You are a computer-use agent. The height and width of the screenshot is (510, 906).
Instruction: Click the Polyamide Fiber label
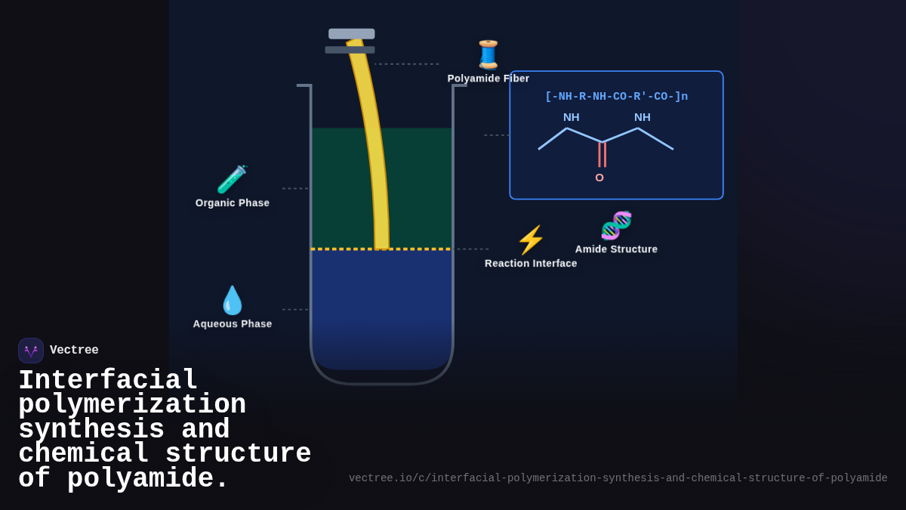488,79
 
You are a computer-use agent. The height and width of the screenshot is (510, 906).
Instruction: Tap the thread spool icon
488,54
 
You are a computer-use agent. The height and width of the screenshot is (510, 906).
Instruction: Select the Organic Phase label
233,203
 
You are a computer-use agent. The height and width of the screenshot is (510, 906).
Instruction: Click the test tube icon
232,180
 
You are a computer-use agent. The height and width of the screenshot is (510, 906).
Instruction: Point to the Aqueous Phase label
233,324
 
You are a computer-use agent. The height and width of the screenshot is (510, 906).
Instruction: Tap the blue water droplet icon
233,301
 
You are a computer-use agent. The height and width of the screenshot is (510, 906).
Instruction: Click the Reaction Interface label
531,264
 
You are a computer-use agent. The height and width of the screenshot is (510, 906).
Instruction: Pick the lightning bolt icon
531,240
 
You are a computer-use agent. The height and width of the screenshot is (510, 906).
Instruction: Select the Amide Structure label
616,249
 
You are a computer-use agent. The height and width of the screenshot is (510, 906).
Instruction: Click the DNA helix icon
616,226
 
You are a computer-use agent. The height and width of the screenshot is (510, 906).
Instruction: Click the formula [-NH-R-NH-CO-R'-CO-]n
616,97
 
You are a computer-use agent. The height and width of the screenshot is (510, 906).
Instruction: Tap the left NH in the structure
572,117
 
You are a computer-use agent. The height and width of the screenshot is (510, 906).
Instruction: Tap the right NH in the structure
643,117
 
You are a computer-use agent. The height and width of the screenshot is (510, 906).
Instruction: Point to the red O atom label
599,178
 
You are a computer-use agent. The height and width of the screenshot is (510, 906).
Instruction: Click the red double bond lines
602,154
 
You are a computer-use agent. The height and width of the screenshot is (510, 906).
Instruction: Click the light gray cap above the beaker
352,34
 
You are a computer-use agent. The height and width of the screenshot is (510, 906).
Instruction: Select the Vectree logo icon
31,351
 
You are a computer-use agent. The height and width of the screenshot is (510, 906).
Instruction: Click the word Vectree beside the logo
74,351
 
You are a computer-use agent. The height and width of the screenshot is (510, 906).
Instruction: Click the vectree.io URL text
618,478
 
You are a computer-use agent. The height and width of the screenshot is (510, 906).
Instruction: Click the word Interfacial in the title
108,379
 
